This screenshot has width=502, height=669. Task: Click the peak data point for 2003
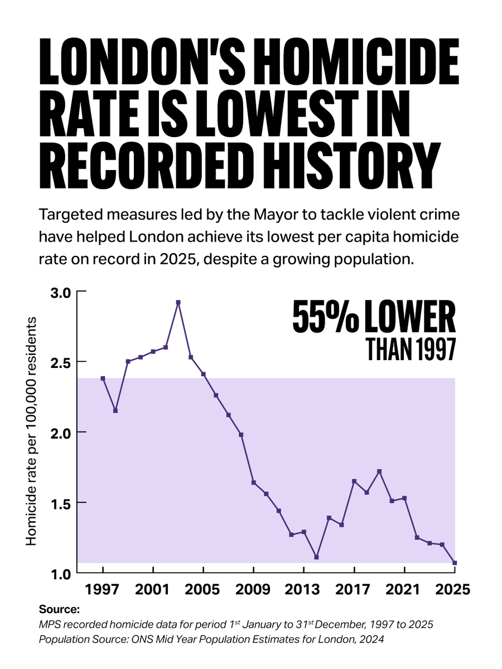click(178, 302)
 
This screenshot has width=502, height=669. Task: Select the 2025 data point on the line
click(455, 563)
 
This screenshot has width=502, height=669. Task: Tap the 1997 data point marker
click(103, 378)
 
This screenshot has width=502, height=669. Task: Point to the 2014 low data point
click(316, 557)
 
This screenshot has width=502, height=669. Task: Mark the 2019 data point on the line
click(379, 471)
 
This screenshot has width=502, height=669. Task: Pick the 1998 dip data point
click(115, 410)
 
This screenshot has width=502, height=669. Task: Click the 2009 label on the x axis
click(253, 589)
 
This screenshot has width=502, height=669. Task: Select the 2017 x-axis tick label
click(354, 589)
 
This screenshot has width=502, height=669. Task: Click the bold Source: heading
click(60, 609)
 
